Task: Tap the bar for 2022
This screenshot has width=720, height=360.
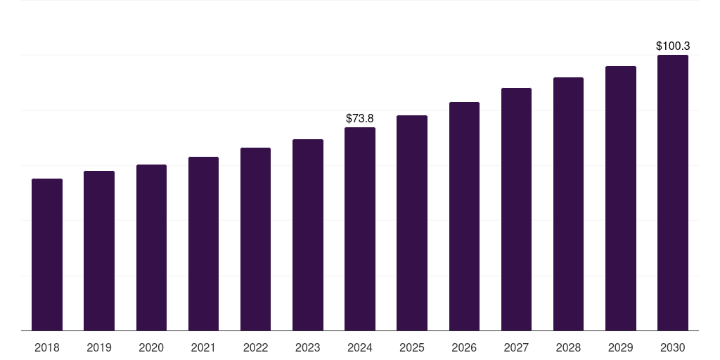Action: pyautogui.click(x=255, y=239)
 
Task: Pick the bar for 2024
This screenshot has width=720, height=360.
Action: pyautogui.click(x=360, y=229)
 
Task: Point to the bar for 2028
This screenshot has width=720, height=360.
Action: pyautogui.click(x=568, y=204)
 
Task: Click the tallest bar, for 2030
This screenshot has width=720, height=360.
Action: pyautogui.click(x=673, y=193)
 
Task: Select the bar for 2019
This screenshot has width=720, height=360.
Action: pyautogui.click(x=99, y=250)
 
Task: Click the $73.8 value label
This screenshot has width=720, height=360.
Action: pyautogui.click(x=360, y=118)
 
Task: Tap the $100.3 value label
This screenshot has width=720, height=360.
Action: pyautogui.click(x=673, y=46)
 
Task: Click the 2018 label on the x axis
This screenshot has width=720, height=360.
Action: pyautogui.click(x=47, y=347)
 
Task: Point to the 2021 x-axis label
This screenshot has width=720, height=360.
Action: pyautogui.click(x=203, y=347)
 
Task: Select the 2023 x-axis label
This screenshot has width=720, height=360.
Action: pyautogui.click(x=308, y=347)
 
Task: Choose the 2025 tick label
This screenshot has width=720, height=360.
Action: pyautogui.click(x=412, y=347)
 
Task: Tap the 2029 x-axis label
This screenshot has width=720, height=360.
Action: pyautogui.click(x=621, y=347)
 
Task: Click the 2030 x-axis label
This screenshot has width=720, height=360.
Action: pyautogui.click(x=673, y=347)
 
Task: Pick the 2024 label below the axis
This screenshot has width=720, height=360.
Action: pyautogui.click(x=360, y=347)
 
